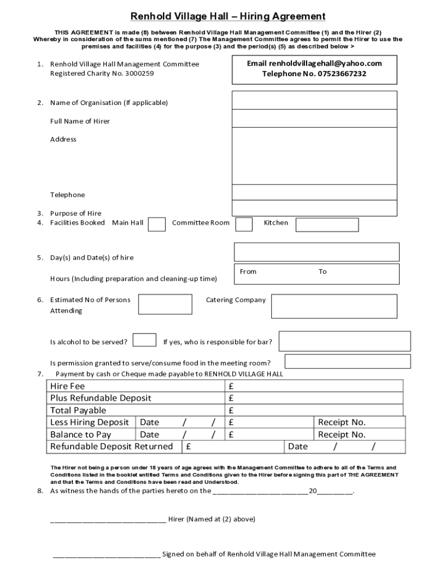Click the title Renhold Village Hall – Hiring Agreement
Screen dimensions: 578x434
coord(228,16)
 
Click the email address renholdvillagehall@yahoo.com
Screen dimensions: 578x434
coord(314,63)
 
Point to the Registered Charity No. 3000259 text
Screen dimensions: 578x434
coord(102,73)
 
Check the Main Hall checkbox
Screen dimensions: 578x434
coord(157,224)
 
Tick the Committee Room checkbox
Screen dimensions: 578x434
coord(243,224)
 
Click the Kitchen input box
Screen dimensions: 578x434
coord(327,225)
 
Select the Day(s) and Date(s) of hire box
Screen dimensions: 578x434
coord(316,252)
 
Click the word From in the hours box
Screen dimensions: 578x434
coord(248,272)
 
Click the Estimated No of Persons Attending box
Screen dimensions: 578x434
coord(165,304)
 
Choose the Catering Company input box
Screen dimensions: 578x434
coord(334,306)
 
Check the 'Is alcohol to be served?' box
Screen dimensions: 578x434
coord(144,340)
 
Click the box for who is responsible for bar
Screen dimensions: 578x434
coord(344,341)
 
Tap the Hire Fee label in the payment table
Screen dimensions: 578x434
coord(68,386)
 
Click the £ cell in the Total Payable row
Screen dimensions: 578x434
coord(232,410)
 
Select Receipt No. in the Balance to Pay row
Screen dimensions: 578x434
coord(342,435)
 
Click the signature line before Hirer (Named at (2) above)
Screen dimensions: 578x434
coord(108,520)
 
